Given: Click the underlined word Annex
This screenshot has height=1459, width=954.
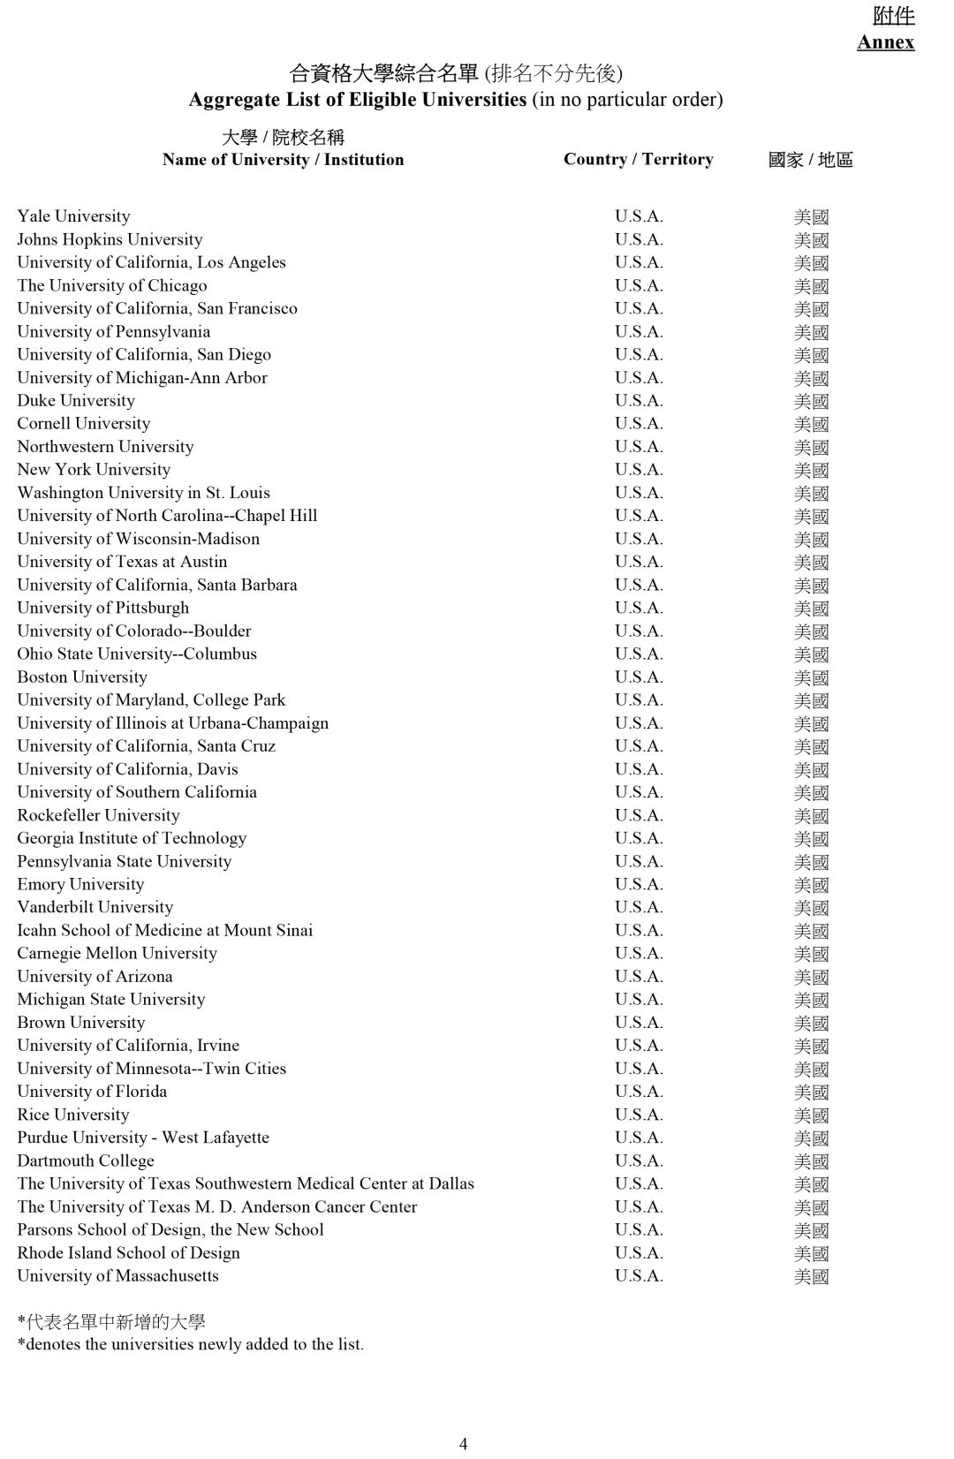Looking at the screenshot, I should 885,42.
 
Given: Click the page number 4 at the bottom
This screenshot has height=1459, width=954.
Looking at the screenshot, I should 463,1443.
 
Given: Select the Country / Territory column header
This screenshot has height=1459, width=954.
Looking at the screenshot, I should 638,159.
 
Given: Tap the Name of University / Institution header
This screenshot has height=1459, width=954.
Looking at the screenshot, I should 283,160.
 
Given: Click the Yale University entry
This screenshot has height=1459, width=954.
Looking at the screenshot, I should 73,216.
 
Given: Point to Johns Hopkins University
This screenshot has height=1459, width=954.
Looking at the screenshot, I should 110,239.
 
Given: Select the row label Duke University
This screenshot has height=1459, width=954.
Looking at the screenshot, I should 76,401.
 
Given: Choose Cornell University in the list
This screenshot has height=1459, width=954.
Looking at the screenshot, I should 84,424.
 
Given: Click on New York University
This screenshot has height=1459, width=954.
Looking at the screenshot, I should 94,470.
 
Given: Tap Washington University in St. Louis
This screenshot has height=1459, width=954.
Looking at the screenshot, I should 143,493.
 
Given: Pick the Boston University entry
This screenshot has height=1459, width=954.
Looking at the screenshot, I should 82,677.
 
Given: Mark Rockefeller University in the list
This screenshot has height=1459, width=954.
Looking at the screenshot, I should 98,815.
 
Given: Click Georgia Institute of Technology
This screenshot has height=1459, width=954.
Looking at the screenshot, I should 132,838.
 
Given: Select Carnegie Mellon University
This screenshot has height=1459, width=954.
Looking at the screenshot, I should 117,954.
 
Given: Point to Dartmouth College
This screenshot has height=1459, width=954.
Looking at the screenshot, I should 86,1161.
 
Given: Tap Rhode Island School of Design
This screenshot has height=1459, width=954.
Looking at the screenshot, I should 128,1253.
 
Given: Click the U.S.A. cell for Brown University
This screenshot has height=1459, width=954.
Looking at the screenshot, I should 639,1023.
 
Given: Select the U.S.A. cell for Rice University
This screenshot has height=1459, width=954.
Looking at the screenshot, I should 639,1115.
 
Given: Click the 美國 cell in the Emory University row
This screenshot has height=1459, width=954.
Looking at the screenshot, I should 811,885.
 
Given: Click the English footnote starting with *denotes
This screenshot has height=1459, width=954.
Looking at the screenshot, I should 190,1345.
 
